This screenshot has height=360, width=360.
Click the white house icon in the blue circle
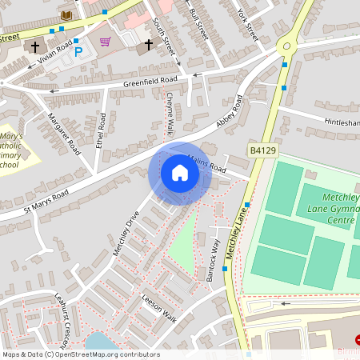click(x=180, y=173)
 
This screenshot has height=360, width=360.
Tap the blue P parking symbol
click(x=78, y=53)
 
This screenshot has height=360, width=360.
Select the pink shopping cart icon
click(x=105, y=42)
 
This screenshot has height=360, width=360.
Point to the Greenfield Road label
click(x=150, y=82)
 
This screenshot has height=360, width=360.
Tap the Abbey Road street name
click(x=227, y=119)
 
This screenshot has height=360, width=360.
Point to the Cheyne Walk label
click(x=170, y=111)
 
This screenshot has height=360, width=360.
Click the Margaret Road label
click(x=65, y=133)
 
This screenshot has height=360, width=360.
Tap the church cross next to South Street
click(x=149, y=46)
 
